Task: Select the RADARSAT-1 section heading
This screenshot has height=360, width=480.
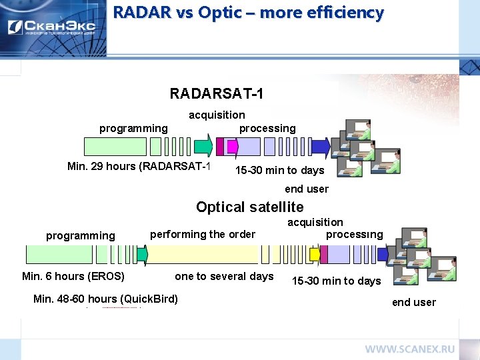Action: pyautogui.click(x=217, y=94)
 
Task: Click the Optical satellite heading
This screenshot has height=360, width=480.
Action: pyautogui.click(x=249, y=207)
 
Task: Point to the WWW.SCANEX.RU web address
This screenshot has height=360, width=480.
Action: pyautogui.click(x=409, y=349)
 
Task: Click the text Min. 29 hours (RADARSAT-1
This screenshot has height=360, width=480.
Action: pyautogui.click(x=139, y=167)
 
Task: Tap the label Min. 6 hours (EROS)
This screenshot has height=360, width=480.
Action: pyautogui.click(x=73, y=277)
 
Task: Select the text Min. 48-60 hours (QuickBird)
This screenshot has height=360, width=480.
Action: pyautogui.click(x=105, y=299)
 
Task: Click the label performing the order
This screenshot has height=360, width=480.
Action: pyautogui.click(x=203, y=234)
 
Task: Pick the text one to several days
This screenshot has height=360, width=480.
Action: pyautogui.click(x=224, y=277)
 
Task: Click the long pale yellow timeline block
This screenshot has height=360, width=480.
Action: pyautogui.click(x=203, y=255)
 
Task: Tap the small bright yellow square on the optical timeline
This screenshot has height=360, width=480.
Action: pyautogui.click(x=315, y=255)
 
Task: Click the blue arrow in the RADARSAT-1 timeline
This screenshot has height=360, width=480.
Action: pyautogui.click(x=321, y=146)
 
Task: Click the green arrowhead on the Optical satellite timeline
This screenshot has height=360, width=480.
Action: pyautogui.click(x=142, y=255)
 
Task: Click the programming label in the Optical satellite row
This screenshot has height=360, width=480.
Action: pyautogui.click(x=80, y=235)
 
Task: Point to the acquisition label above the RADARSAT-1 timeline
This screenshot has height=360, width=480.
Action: pyautogui.click(x=217, y=115)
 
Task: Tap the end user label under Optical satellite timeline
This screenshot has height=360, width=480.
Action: pyautogui.click(x=413, y=303)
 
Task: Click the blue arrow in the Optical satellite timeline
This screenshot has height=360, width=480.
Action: pyautogui.click(x=384, y=255)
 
